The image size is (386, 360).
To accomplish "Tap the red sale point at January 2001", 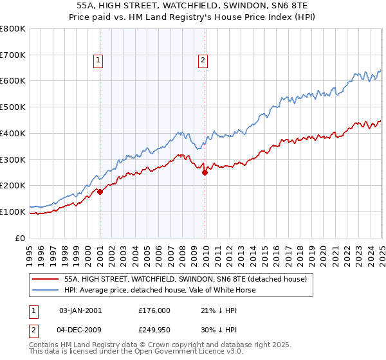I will click(100, 192).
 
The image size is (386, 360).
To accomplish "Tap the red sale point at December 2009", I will click(205, 172).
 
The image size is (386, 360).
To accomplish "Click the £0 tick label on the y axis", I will click(21, 238).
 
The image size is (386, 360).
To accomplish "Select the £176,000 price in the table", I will click(154, 310).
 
